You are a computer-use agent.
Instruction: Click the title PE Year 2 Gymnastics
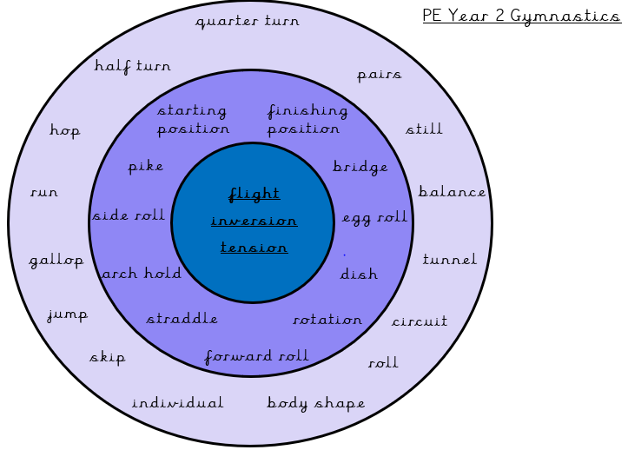click(x=521, y=17)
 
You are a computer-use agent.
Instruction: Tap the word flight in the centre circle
click(x=255, y=194)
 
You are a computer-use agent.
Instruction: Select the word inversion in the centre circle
click(x=254, y=221)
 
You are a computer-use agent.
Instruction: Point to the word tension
click(x=254, y=248)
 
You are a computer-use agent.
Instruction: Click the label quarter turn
click(x=248, y=21)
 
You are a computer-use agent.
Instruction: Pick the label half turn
click(x=133, y=66)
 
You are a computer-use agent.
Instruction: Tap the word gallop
click(x=56, y=261)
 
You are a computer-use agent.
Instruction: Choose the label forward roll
click(x=256, y=357)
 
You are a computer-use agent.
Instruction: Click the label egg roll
click(x=374, y=217)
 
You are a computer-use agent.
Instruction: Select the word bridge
click(x=360, y=167)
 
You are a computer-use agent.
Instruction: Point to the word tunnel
click(x=450, y=260)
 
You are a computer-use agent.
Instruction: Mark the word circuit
click(x=420, y=321)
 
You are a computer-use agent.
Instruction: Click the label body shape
click(x=316, y=404)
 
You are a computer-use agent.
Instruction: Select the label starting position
click(x=193, y=120)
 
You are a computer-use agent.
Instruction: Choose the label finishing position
click(x=307, y=120)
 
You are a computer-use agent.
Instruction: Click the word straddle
click(x=182, y=319)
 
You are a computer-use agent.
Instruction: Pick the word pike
click(x=145, y=167)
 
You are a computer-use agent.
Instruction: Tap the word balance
click(x=453, y=192)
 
